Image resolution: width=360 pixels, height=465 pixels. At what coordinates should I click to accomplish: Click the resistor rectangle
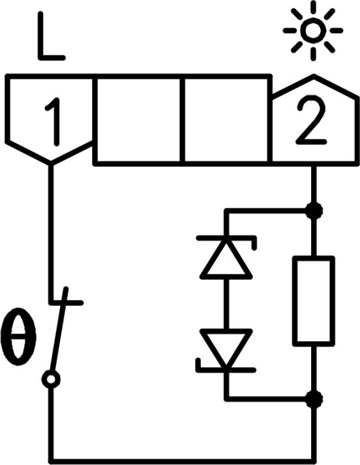click(314, 300)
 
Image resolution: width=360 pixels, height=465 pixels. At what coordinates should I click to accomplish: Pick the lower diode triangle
click(226, 348)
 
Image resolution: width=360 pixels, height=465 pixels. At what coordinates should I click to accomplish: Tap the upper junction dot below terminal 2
click(314, 211)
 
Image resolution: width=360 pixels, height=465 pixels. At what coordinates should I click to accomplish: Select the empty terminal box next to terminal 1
click(140, 120)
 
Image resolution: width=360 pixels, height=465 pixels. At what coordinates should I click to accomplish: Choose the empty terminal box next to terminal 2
click(226, 120)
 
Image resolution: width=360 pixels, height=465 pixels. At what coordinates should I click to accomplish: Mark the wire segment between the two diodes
click(226, 305)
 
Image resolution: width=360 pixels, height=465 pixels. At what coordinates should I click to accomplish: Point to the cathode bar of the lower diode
click(226, 370)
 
